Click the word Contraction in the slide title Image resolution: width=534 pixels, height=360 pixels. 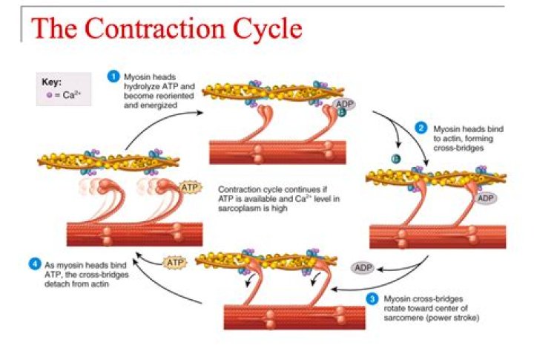click(x=160, y=30)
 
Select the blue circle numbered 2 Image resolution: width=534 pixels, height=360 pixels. click(x=421, y=128)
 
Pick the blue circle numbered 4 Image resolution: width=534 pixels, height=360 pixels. click(x=33, y=263)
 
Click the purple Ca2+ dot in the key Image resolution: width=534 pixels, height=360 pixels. click(x=49, y=95)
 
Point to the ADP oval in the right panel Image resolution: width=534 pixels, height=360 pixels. click(x=486, y=198)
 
